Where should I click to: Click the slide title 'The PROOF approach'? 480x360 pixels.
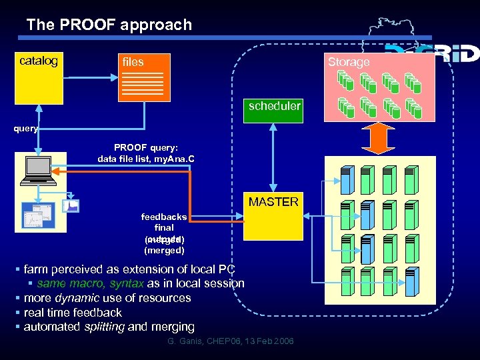[x=109, y=25]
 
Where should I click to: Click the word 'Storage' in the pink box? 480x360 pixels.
[x=348, y=62]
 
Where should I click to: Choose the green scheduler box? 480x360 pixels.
[x=274, y=107]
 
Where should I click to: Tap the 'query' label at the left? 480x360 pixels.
[x=26, y=129]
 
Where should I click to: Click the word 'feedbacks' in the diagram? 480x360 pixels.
[x=163, y=217]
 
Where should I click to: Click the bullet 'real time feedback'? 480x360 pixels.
[x=73, y=312]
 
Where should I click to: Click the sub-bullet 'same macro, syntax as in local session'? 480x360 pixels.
[x=140, y=283]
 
